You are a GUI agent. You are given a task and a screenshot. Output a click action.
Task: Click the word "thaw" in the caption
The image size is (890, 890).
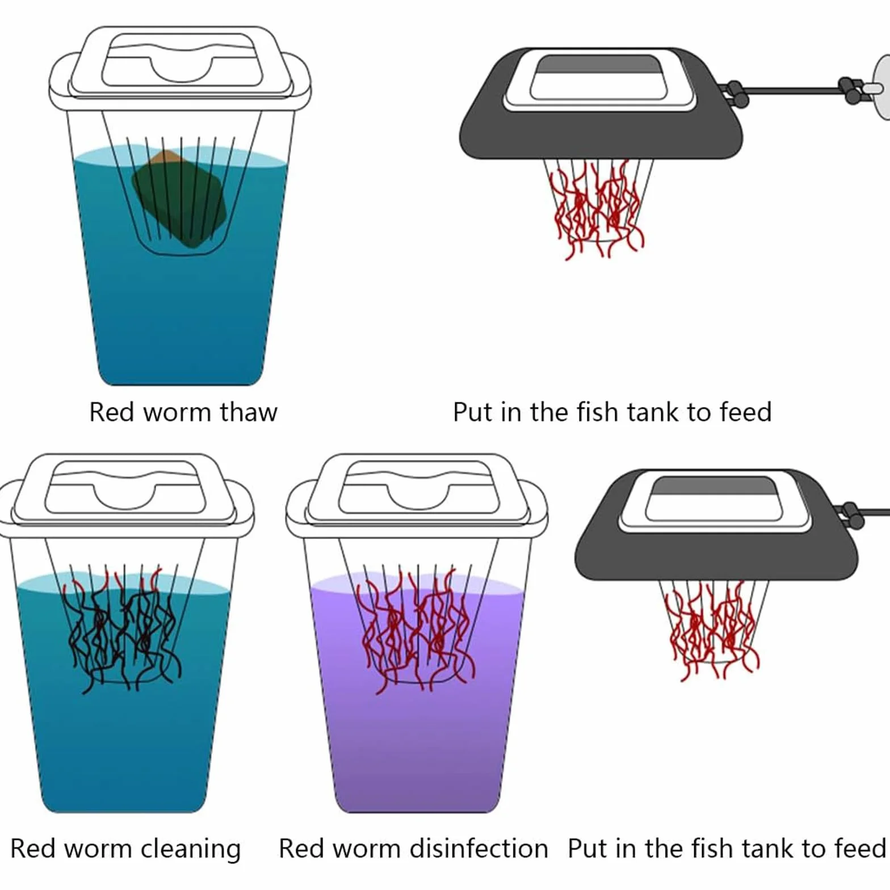(x=249, y=412)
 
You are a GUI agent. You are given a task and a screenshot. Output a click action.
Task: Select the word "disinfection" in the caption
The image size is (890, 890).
(x=478, y=849)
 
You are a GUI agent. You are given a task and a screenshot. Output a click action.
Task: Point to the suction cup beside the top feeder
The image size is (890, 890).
(x=881, y=86)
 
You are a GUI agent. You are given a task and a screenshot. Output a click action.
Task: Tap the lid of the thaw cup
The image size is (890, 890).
(x=180, y=68)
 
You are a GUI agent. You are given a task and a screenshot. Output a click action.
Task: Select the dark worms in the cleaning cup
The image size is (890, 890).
(x=121, y=630)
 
